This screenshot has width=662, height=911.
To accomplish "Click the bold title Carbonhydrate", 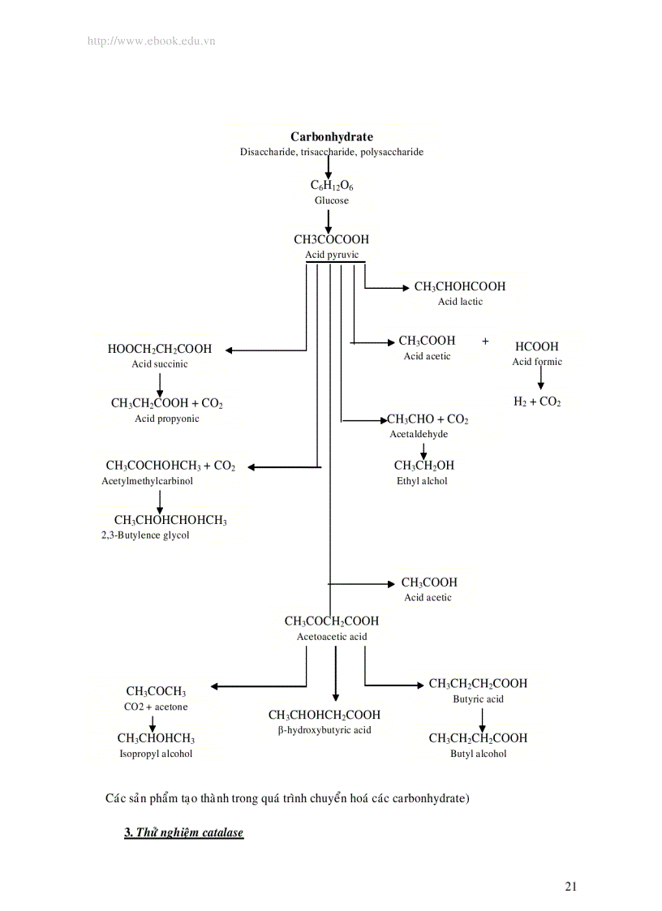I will (x=332, y=137).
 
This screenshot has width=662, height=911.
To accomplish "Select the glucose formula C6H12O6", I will (x=332, y=186).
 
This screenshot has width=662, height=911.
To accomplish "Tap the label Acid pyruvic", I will (x=332, y=255).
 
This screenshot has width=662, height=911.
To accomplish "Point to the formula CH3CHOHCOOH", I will (x=459, y=286).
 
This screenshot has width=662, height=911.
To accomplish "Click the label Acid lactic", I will (x=460, y=302).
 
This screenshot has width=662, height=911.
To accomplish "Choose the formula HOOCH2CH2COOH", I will (x=160, y=349).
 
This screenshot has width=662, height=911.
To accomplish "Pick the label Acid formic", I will (x=537, y=362).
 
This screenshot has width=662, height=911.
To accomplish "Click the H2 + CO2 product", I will (x=537, y=402).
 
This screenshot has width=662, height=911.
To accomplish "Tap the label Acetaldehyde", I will (x=419, y=434).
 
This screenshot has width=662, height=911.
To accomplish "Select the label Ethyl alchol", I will (x=422, y=481).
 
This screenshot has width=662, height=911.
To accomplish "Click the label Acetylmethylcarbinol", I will (x=148, y=481).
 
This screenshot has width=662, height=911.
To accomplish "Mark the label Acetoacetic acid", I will (x=332, y=637).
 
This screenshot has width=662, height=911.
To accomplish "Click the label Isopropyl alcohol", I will (x=156, y=754).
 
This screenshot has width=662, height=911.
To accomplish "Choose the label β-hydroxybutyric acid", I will (x=325, y=730).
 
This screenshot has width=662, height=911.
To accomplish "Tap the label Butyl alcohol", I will (x=479, y=754).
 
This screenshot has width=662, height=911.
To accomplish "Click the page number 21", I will (x=571, y=887).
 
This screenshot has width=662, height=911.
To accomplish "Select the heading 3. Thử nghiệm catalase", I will (x=183, y=833).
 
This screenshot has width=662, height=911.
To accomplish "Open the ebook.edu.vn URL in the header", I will (x=151, y=41).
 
